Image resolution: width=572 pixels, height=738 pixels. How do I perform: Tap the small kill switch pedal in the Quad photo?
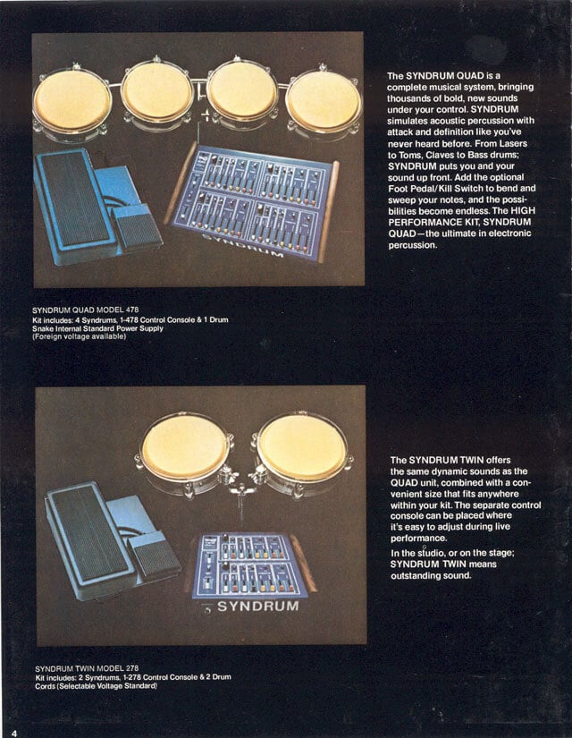click(136, 226)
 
